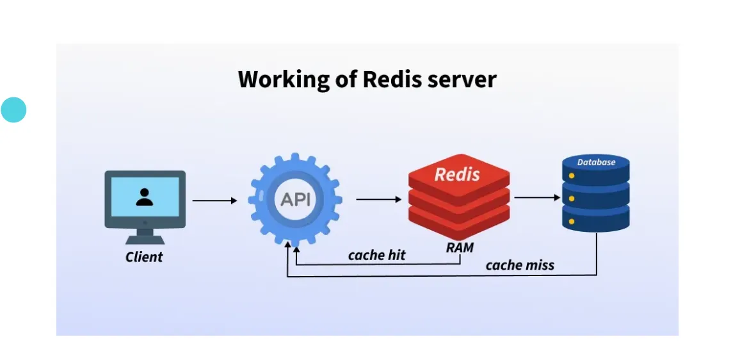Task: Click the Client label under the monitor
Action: [144, 257]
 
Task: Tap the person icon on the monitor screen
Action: [145, 197]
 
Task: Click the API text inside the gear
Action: [296, 199]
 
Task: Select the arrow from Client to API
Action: [214, 200]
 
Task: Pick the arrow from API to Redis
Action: [379, 199]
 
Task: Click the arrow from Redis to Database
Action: [537, 198]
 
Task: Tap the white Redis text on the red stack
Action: [457, 174]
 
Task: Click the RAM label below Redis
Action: [460, 247]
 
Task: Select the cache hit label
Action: [377, 255]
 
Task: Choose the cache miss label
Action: [520, 265]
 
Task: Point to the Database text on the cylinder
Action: [596, 162]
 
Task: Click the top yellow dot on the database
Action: [572, 178]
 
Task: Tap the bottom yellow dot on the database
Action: [572, 222]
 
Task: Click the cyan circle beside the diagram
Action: [13, 110]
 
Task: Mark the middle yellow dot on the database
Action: [572, 200]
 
